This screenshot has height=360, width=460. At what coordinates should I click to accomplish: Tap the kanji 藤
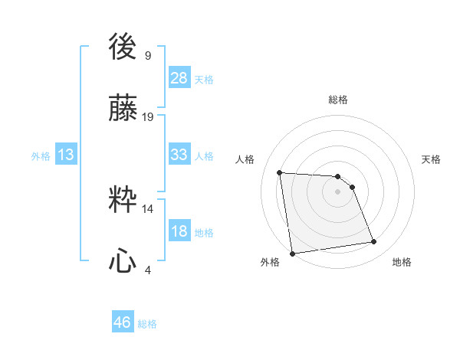click(123, 110)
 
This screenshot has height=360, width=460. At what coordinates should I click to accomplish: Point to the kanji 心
click(123, 262)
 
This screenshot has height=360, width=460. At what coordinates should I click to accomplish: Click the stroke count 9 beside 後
click(148, 55)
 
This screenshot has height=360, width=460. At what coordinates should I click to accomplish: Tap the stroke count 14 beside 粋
click(148, 208)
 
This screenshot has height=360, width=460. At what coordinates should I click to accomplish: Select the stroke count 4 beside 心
click(148, 269)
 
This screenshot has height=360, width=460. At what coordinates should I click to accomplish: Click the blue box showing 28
click(179, 78)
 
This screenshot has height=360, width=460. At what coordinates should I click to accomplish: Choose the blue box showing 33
click(179, 155)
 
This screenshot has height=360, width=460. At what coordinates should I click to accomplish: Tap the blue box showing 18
click(179, 231)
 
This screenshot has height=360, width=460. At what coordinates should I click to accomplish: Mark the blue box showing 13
click(66, 155)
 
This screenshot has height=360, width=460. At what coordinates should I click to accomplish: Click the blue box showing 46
click(123, 322)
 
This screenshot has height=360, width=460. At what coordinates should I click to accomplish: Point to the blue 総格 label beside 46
click(147, 324)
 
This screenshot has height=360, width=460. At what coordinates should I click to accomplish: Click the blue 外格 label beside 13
click(41, 156)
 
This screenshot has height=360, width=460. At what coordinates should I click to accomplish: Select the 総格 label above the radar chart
click(337, 100)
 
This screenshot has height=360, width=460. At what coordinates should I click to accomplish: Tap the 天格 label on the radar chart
click(431, 159)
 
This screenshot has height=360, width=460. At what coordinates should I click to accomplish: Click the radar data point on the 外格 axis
click(292, 254)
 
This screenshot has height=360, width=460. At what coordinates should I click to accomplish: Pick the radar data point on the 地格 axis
click(374, 242)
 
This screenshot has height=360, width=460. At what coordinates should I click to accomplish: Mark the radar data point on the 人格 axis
click(279, 172)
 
